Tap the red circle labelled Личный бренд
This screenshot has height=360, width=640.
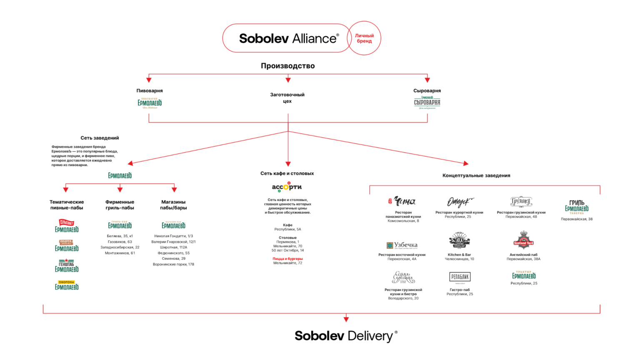coord(364,38)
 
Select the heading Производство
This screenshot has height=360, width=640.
coord(287,66)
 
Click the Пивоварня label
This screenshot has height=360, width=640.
coord(150,90)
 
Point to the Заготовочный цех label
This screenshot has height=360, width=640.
coord(287,98)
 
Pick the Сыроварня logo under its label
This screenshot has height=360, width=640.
coord(427,102)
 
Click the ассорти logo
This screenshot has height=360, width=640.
coord(287,187)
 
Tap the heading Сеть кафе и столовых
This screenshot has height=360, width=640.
coord(287,173)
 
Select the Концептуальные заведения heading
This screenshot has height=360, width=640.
coord(476,175)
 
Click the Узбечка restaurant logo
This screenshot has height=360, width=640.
coord(402,245)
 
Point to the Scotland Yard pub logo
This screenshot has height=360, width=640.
coord(523,240)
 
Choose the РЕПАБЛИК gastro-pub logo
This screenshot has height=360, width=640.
coord(460,277)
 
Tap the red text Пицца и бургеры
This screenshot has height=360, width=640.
coord(287,259)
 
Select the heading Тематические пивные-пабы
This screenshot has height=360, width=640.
coord(67,205)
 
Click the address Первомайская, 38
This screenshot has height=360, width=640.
coord(577,219)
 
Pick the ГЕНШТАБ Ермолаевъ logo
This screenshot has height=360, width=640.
coord(67,266)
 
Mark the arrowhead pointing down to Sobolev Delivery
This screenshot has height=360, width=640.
coord(346,319)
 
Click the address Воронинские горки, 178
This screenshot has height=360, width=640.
coord(173,264)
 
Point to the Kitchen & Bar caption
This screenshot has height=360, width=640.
coord(459,255)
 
